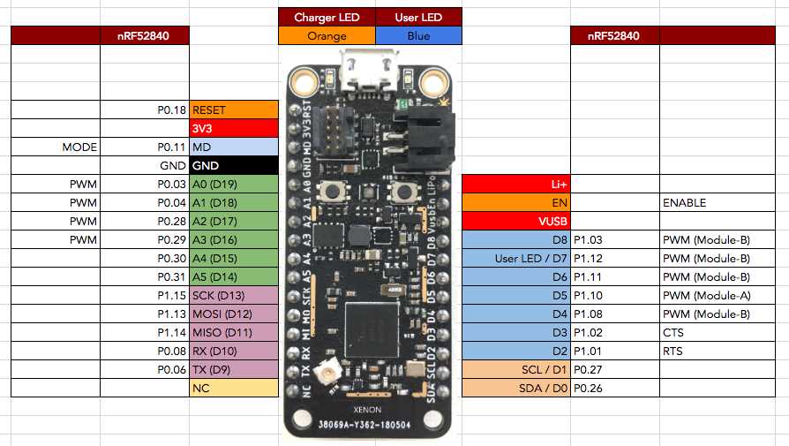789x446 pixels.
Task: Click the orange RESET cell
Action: click(234, 110)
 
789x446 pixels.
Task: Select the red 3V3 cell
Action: click(234, 129)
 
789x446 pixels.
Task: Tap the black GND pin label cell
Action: click(234, 165)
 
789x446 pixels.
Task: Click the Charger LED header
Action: click(327, 18)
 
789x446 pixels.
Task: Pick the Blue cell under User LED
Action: click(418, 36)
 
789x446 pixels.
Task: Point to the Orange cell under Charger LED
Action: click(327, 36)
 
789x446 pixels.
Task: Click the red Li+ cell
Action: click(516, 184)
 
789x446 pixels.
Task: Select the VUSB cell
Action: click(516, 221)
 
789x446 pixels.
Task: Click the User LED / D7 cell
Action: click(516, 258)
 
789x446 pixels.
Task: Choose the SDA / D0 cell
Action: click(516, 388)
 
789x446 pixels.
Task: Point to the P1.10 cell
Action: click(614, 295)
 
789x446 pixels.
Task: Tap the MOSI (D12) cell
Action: click(234, 314)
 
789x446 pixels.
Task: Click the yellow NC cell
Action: click(234, 388)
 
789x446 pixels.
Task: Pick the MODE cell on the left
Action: click(56, 147)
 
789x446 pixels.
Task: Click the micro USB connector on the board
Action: click(369, 72)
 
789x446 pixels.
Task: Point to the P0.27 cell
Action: click(614, 369)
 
